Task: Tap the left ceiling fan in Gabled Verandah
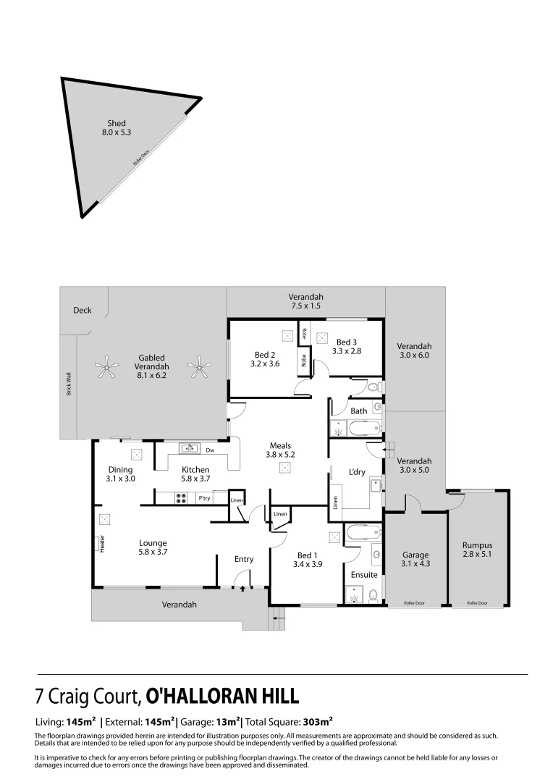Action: [107, 368]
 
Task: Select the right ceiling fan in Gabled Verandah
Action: [198, 368]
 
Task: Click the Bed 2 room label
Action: [264, 355]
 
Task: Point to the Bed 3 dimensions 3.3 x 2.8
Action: [347, 351]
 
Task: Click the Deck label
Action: [83, 311]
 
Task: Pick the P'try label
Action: [204, 498]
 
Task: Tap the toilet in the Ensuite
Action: [372, 595]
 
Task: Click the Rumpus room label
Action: [477, 546]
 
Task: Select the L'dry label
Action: [357, 472]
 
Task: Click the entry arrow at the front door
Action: [242, 589]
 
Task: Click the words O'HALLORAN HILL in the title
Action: [222, 697]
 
